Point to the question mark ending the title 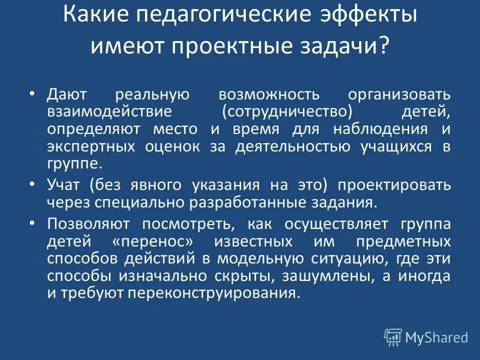coord(383,46)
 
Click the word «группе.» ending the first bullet coord(75,164)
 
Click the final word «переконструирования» coord(215,293)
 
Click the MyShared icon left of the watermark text coord(392,337)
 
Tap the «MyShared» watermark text coord(436,337)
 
